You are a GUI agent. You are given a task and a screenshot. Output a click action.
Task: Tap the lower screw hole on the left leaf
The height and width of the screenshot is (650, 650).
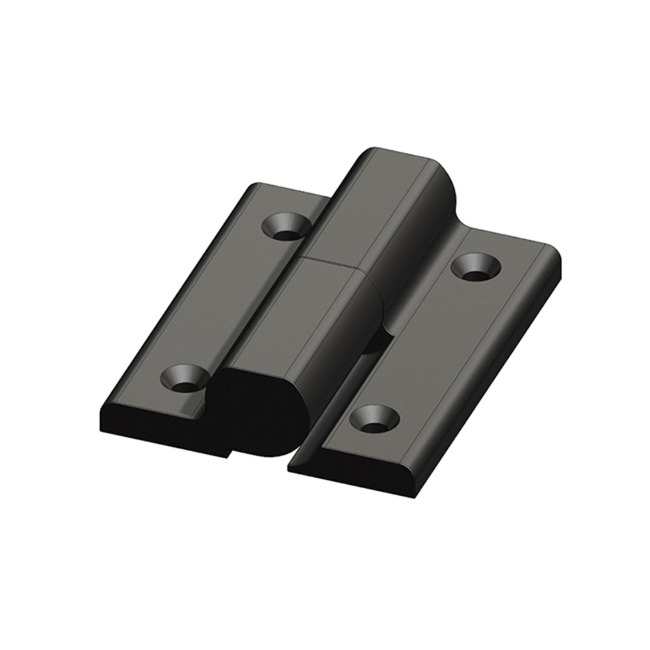[185, 378]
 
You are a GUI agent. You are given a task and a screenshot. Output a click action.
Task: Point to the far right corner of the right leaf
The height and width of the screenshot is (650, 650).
[556, 257]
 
